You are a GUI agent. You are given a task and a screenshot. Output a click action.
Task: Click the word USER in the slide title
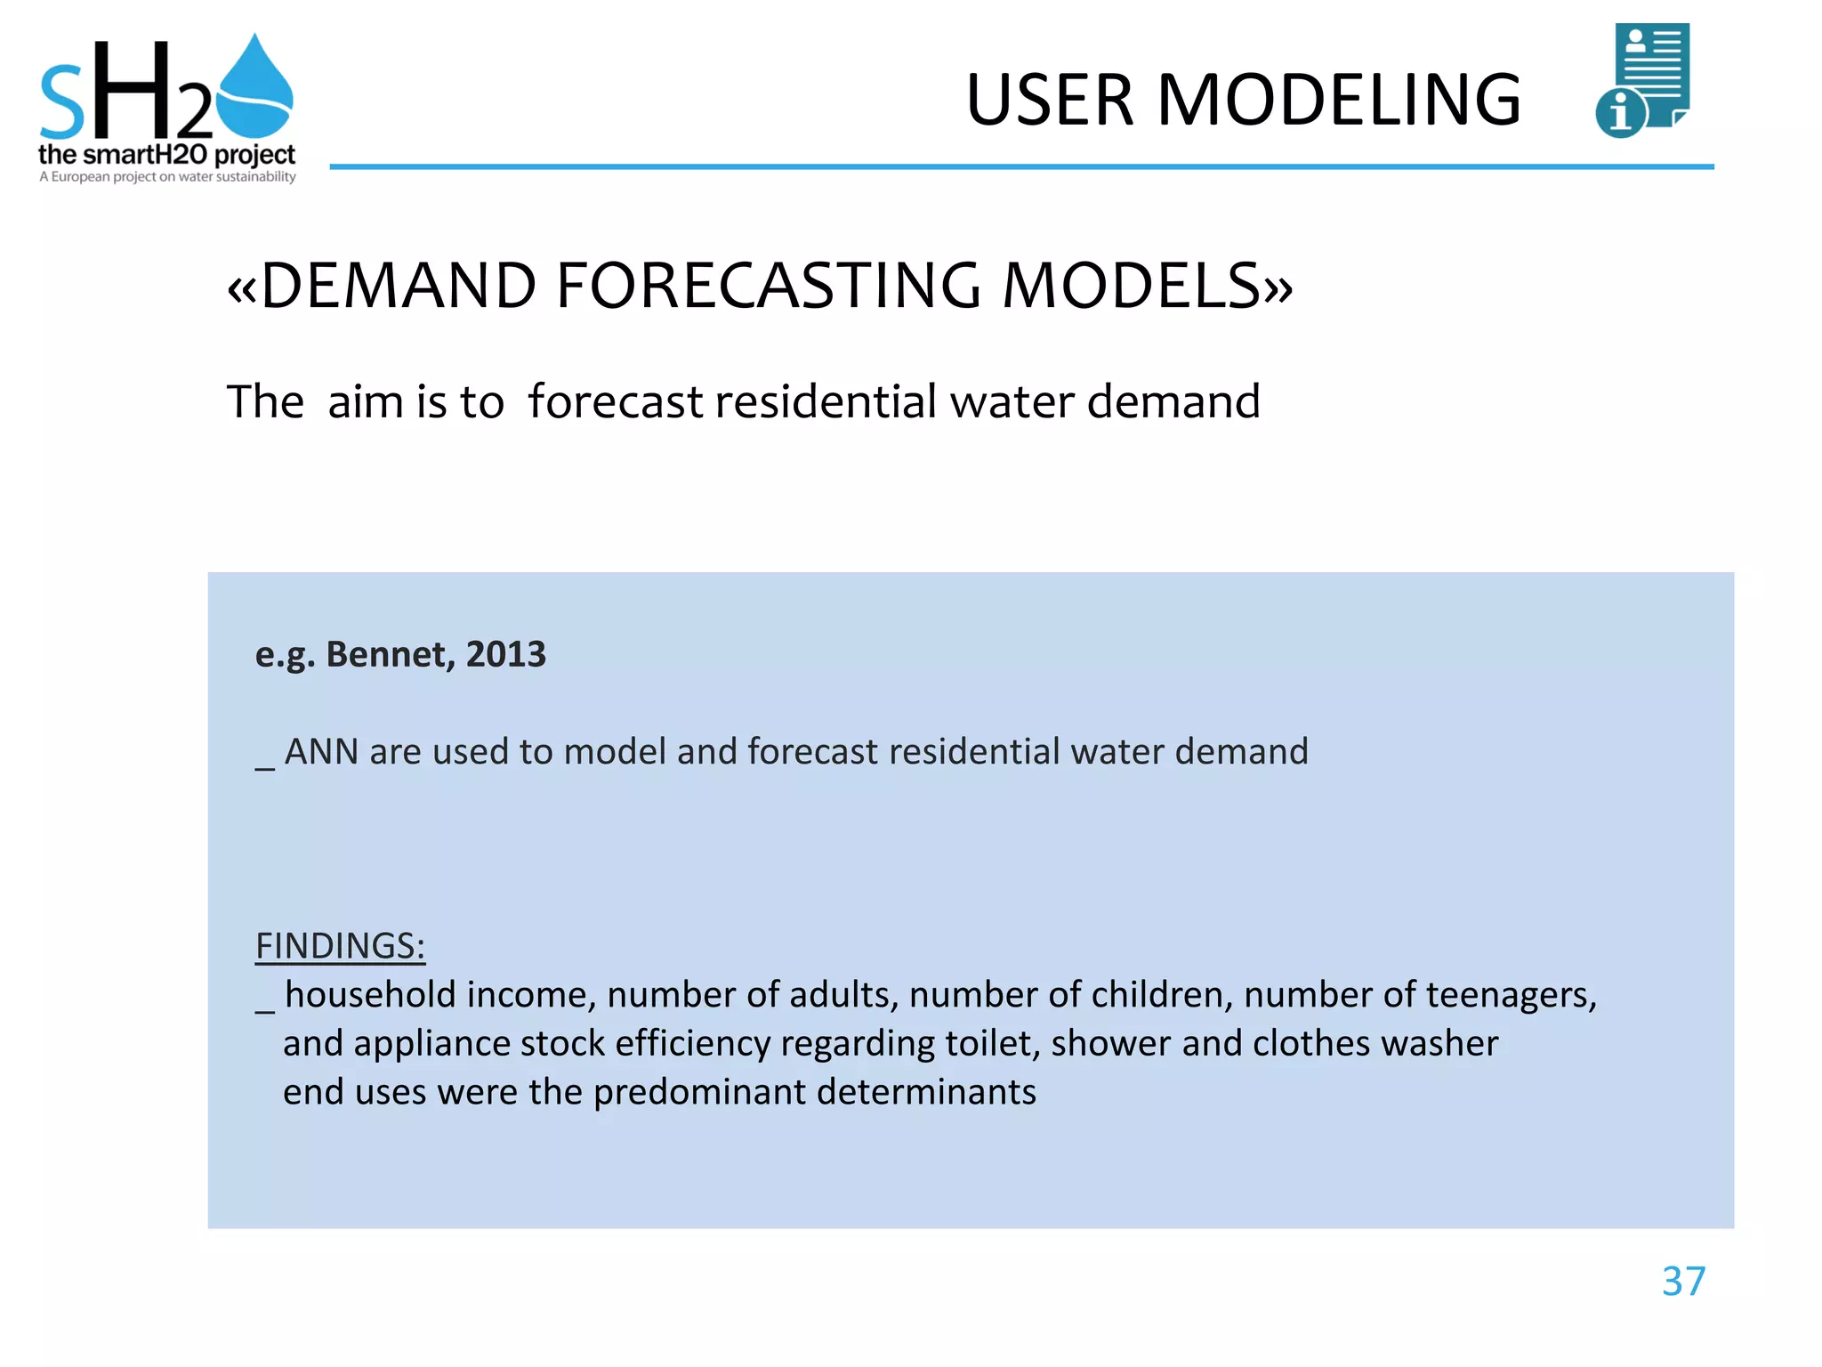tap(1049, 100)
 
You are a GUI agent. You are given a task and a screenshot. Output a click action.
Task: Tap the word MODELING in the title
tap(1339, 100)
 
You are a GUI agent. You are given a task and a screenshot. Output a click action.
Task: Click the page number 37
tap(1683, 1282)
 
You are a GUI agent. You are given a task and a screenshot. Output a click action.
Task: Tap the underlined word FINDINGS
tap(340, 946)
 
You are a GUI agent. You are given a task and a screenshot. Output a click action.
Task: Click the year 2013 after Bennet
tap(505, 654)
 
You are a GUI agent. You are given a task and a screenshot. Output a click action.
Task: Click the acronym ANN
tap(321, 752)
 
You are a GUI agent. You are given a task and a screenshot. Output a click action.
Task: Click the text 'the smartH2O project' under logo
tap(166, 155)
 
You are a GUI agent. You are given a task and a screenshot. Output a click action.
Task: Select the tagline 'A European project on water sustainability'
tap(167, 177)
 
